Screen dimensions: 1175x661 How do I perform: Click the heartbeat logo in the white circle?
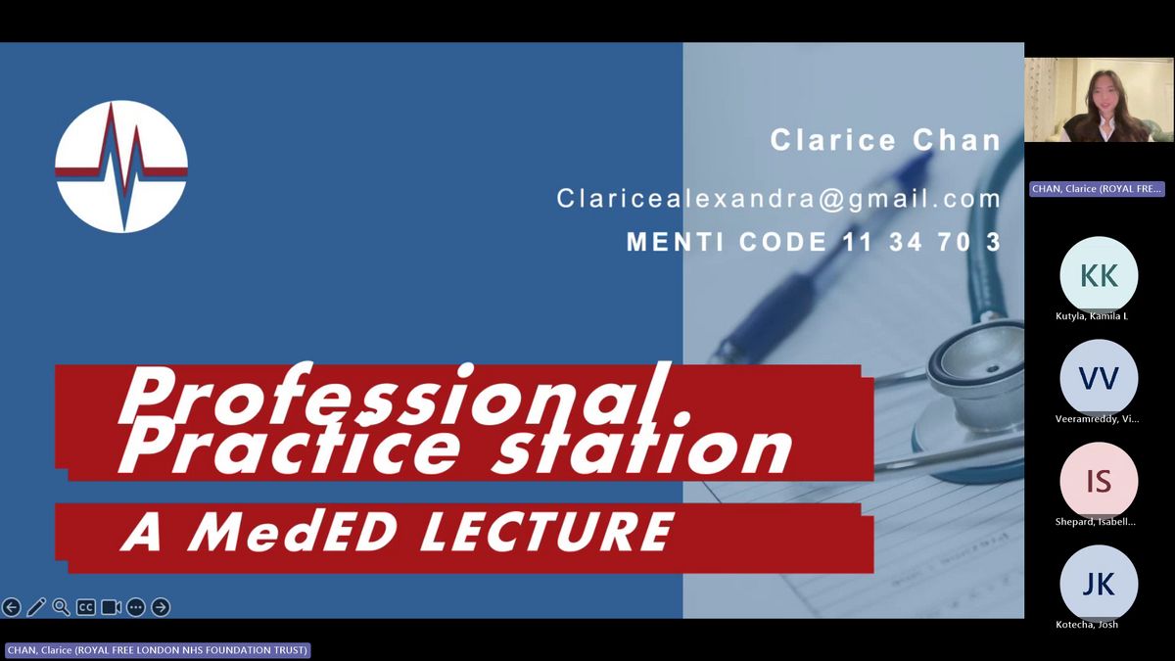[121, 166]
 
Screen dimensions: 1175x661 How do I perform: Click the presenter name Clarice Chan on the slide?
[885, 140]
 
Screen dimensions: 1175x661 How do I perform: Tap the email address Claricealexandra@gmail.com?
[779, 199]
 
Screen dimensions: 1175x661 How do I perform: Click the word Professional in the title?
[395, 394]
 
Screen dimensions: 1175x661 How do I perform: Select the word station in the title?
[641, 448]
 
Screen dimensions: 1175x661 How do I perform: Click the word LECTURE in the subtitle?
[546, 532]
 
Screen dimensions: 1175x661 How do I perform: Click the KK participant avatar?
[1099, 275]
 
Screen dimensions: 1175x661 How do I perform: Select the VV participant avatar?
[1099, 378]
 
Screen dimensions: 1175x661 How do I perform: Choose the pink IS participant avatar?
[1099, 481]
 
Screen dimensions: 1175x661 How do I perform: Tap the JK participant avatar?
[1099, 584]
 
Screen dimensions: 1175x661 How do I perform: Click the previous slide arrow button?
[11, 607]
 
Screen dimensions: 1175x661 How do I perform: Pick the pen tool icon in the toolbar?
[36, 607]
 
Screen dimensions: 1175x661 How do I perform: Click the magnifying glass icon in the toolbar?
[61, 607]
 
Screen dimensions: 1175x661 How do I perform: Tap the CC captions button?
[85, 607]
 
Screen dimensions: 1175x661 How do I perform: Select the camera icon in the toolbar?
[111, 607]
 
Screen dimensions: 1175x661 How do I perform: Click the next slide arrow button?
[161, 607]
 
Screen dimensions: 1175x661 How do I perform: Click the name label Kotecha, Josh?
[1086, 625]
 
